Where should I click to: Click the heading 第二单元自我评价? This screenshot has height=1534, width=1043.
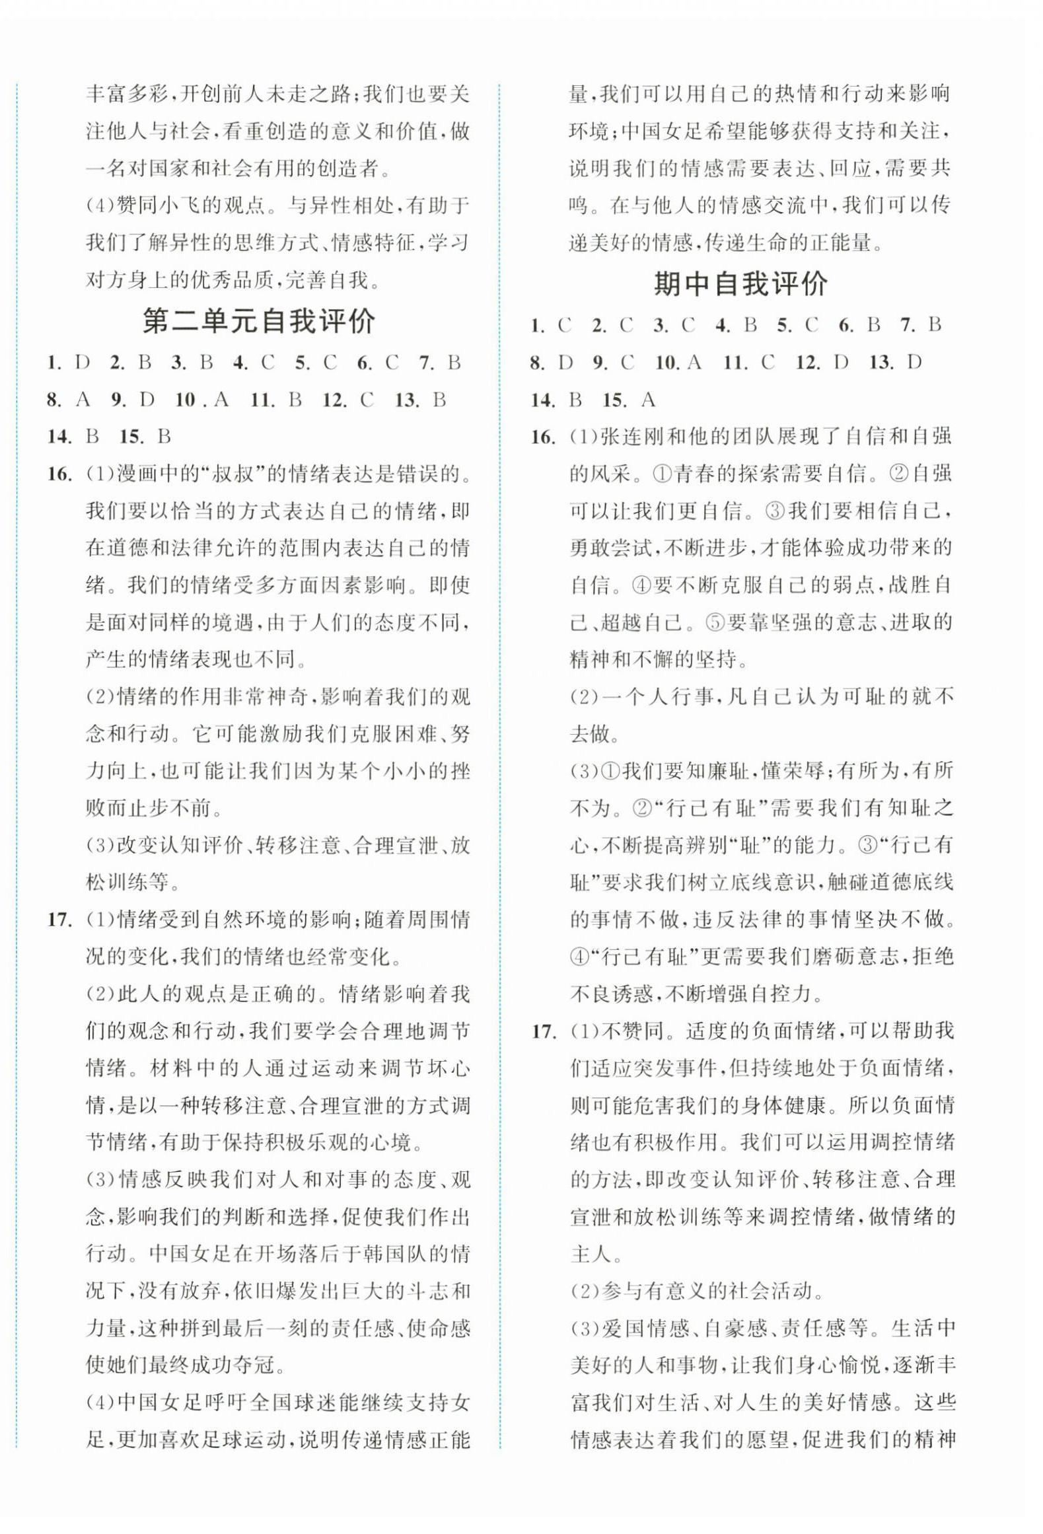tap(259, 322)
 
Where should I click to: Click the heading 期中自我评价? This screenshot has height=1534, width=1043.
tap(740, 285)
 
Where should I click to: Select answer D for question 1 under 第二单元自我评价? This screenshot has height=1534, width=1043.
tap(82, 363)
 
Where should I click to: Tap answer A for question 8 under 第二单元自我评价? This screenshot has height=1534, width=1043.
tap(83, 400)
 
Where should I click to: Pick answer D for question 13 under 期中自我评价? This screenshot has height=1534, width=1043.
tap(914, 363)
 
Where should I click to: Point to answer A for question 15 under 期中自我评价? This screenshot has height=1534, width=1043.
tap(648, 400)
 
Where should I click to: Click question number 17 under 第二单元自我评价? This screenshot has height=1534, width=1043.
tap(59, 920)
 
